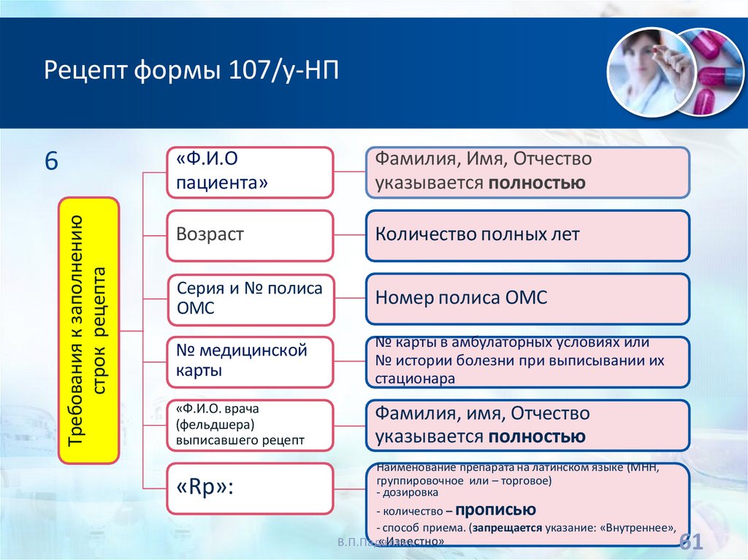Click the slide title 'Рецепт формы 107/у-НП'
(x=192, y=72)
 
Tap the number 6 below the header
(x=51, y=161)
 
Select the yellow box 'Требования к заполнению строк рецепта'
(x=88, y=330)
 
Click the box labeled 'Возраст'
(x=250, y=236)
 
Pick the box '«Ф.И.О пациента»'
(x=250, y=172)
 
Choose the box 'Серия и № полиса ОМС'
(x=250, y=299)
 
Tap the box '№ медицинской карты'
(x=250, y=361)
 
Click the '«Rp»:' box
(x=250, y=488)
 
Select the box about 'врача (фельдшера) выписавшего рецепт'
(x=250, y=425)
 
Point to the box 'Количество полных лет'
(x=527, y=236)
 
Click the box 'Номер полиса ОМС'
(x=527, y=299)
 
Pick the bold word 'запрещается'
(x=507, y=527)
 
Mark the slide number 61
(x=690, y=542)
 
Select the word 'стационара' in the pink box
(x=415, y=379)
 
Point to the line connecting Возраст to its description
(x=349, y=236)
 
